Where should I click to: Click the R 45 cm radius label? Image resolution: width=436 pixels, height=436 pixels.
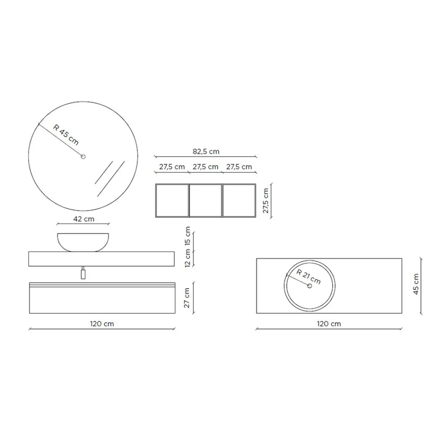(x=66, y=135)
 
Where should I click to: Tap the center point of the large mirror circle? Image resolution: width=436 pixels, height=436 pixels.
(x=83, y=157)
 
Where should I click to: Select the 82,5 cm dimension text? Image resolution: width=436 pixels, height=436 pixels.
(x=206, y=152)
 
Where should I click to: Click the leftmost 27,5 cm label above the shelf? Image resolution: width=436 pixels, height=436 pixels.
(x=172, y=167)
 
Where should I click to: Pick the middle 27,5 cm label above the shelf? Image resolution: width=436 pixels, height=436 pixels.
(x=205, y=167)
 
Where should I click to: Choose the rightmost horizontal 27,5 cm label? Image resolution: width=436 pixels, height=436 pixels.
(x=239, y=167)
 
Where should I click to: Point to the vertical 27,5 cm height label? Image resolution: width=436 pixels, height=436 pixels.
(x=266, y=201)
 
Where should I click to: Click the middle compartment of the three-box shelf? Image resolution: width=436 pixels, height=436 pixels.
(x=206, y=201)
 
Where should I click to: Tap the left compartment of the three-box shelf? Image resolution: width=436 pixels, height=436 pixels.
(x=172, y=201)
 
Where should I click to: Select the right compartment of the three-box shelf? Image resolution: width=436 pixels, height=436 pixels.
(x=239, y=201)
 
